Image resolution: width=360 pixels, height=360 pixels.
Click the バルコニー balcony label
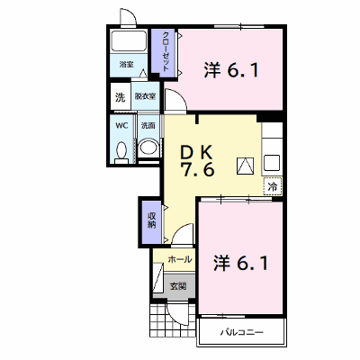[242, 332]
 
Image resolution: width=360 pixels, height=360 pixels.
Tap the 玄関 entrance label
[178, 286]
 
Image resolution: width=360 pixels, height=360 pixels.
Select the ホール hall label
[180, 259]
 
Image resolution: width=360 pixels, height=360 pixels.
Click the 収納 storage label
[151, 220]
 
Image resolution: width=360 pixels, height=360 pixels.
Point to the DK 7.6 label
[197, 162]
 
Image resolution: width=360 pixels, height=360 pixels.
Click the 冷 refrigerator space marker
[273, 186]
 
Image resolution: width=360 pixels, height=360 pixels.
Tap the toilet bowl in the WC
[121, 151]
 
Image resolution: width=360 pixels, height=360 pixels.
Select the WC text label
[121, 125]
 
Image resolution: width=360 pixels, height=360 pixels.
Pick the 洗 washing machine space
[121, 97]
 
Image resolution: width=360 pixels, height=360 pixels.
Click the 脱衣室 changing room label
[145, 96]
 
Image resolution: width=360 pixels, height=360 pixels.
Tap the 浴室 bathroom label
[127, 64]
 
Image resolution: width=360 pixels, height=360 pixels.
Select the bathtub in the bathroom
[129, 40]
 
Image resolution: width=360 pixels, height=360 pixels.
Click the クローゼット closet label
[166, 51]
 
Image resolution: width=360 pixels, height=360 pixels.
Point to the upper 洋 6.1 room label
[231, 70]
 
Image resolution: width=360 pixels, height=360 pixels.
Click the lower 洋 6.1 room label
[240, 263]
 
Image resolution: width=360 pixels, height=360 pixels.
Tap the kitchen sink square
[272, 163]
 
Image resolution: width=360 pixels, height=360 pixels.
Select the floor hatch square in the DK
[246, 166]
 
